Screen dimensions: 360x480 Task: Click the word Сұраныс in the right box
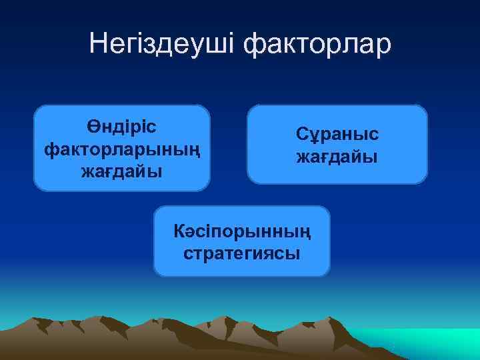click(x=337, y=134)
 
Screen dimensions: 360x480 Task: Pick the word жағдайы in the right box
click(x=337, y=157)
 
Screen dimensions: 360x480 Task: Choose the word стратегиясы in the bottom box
click(x=241, y=253)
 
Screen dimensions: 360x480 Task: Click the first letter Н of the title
click(x=98, y=44)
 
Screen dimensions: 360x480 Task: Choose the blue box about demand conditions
click(x=337, y=145)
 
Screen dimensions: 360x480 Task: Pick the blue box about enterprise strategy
click(x=241, y=241)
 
